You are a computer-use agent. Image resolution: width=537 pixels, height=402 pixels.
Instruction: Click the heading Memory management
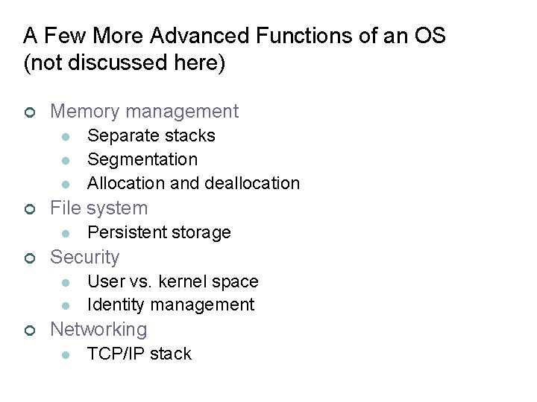click(x=144, y=112)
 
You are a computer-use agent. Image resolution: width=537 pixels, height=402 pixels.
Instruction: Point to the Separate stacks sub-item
click(x=151, y=135)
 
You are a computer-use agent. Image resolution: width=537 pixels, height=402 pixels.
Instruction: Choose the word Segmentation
click(x=142, y=159)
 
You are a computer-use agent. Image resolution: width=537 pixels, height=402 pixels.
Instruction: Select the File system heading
click(x=98, y=208)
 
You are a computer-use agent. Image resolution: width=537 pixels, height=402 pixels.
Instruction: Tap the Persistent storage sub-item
click(x=159, y=232)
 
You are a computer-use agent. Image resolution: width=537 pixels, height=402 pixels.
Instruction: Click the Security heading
click(x=84, y=257)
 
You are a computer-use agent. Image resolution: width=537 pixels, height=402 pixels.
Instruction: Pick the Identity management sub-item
click(x=171, y=304)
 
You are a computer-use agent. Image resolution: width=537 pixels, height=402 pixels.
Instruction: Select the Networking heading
click(x=98, y=329)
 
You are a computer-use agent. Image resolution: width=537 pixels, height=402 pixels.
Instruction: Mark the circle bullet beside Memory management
click(x=28, y=112)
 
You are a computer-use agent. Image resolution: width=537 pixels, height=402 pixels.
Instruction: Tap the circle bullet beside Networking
click(x=28, y=330)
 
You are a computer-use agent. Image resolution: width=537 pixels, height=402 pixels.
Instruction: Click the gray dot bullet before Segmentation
click(x=66, y=160)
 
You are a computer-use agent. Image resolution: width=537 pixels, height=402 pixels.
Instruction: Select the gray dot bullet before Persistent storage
click(x=66, y=233)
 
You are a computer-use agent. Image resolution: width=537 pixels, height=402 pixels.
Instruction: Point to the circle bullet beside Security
click(x=28, y=258)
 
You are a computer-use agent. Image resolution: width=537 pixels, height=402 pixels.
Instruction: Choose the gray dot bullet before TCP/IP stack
click(x=66, y=354)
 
